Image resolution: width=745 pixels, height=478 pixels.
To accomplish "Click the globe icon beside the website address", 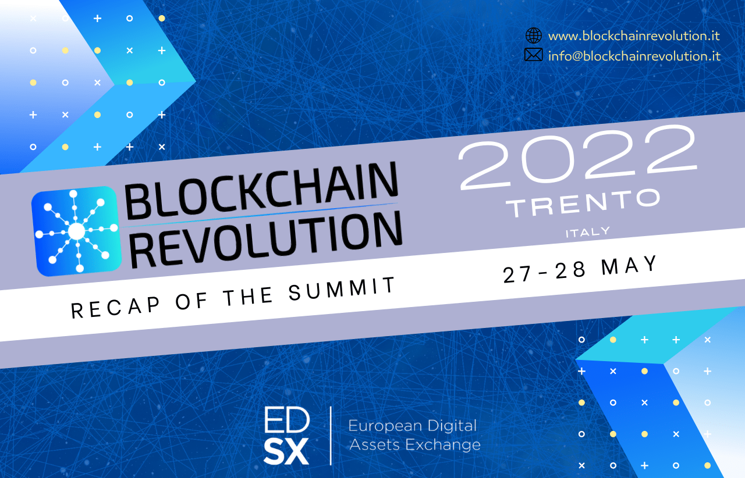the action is pos(534,35).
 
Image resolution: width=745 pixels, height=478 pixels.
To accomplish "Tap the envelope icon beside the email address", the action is pos(534,55).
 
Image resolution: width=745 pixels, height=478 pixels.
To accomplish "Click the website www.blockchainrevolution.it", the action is pos(634,36).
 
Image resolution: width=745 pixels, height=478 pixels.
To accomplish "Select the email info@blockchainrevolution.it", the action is pos(634,56).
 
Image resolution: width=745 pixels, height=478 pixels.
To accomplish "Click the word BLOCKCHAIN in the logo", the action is pos(261,191).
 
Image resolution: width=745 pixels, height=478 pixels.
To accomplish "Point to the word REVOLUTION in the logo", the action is pos(266,240).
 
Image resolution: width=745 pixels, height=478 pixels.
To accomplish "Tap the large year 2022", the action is pos(578,157).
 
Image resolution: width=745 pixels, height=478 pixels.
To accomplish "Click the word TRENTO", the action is pos(583,204).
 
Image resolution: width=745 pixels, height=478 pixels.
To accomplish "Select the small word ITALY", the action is pos(588,232).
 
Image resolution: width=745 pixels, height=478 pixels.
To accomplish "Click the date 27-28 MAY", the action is pos(580,270).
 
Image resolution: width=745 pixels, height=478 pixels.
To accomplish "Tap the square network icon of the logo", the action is pos(76,231).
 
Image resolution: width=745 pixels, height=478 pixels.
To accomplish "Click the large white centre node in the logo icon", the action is pos(77,231).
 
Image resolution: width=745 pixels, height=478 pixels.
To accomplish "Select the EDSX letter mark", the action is pos(287,436).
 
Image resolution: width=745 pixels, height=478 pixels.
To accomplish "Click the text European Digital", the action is pos(413,426).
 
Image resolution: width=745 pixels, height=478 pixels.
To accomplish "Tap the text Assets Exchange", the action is pos(415,445).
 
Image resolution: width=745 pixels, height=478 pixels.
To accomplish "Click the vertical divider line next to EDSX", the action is pos(331,436).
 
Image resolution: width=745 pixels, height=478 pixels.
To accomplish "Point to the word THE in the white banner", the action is pos(248,297).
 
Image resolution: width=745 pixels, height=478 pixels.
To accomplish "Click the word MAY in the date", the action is pos(629,266).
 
